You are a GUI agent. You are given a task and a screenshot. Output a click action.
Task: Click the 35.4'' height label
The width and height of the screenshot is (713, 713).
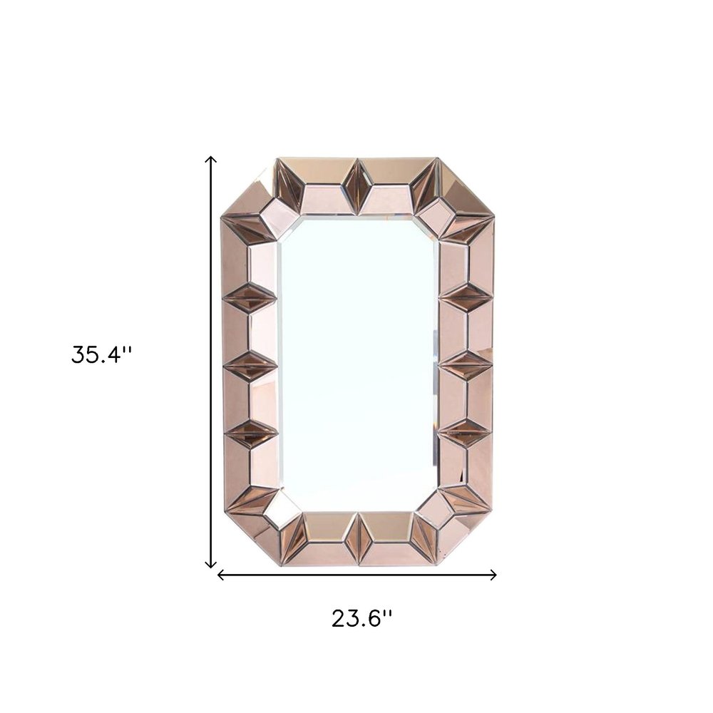coord(101,354)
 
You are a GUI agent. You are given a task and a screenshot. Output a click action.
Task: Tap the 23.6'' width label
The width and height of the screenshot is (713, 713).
coord(361,617)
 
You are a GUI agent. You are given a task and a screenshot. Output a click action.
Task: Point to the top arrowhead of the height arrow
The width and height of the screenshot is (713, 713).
coord(211,160)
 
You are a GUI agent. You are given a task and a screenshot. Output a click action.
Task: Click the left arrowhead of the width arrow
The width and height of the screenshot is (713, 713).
coord(220,575)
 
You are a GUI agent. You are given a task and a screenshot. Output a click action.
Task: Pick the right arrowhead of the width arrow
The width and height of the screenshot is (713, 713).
coord(493,575)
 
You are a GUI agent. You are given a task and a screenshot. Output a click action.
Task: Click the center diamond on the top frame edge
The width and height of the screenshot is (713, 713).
coord(356,187)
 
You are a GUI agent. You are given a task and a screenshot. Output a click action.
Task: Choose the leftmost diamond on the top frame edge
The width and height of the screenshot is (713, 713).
coord(290,182)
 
